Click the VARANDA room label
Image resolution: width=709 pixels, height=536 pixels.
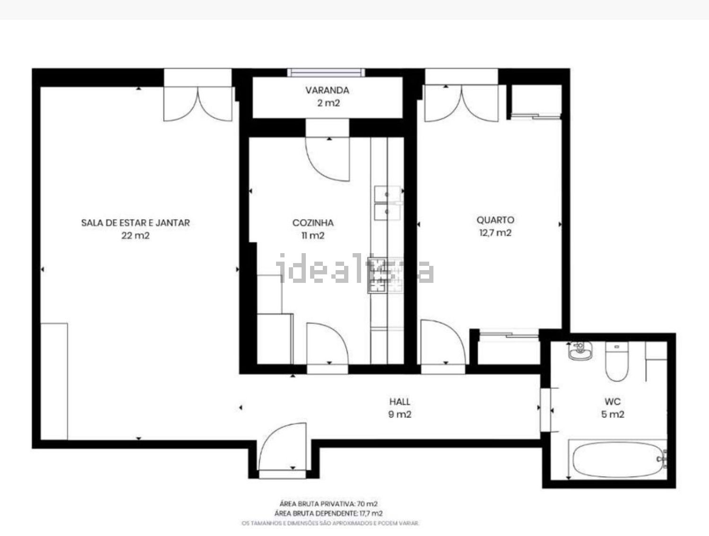327,90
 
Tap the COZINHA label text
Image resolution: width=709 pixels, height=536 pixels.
313,222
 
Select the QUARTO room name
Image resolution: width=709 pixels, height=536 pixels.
495,220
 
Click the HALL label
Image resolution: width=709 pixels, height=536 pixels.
399,401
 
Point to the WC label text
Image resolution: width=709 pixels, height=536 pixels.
613,401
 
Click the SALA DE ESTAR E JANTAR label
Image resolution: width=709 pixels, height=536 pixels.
135,222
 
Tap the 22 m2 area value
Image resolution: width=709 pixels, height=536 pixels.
135,236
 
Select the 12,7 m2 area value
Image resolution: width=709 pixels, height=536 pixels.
495,233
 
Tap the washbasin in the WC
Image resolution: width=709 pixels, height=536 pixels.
580,351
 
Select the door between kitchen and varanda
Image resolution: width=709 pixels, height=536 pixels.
327,159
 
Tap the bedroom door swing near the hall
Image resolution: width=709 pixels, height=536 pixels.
443,342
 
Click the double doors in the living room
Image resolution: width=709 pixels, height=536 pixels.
198,104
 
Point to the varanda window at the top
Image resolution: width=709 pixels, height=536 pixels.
326,73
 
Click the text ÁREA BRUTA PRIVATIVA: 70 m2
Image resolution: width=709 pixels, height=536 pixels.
329,504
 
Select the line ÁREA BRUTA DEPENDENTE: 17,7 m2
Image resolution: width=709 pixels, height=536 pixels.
329,513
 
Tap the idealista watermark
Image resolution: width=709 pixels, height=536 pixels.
354,269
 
